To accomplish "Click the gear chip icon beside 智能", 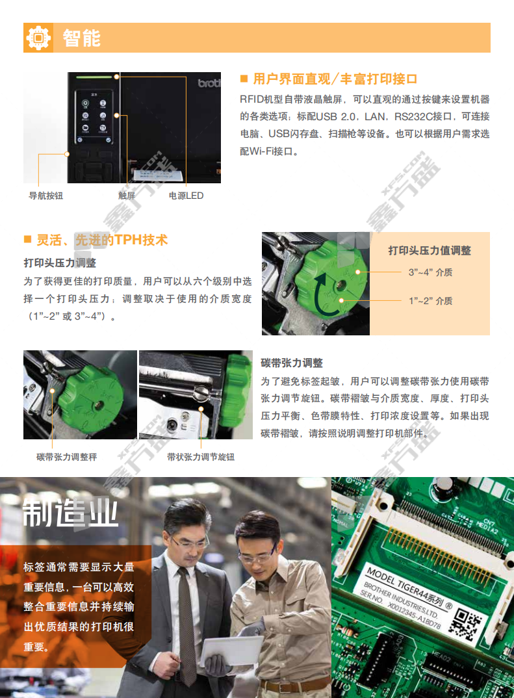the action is coord(38,38).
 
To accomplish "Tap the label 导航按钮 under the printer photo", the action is coord(46,196).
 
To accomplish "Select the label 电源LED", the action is coord(186,196).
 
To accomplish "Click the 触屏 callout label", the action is coord(126,196).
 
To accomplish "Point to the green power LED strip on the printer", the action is coord(94,77).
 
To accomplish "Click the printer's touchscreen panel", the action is coord(94,117).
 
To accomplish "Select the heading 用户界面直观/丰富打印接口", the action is coord(335,79).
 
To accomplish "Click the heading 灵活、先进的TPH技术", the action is coord(102,240).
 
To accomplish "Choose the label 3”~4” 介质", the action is coord(430,272).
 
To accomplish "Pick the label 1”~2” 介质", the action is coord(430,301).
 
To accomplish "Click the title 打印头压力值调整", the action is coord(430,251).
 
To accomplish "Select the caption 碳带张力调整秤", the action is coord(66,457).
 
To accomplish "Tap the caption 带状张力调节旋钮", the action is coord(201,457).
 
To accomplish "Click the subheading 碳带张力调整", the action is coord(292,363).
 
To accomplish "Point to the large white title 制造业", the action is coord(70,512).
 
